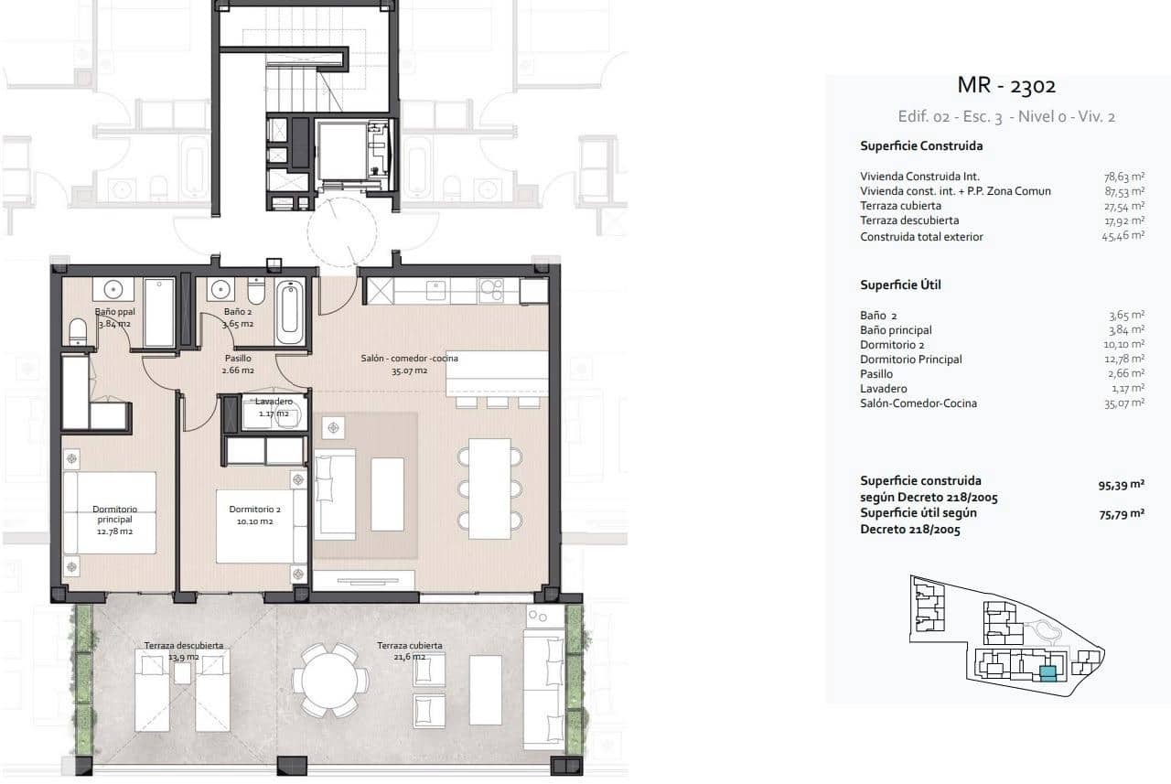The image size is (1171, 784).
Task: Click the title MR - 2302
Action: (1006, 86)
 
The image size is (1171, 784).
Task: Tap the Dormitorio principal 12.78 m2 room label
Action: (114, 520)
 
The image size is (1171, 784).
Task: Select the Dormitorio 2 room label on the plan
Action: (255, 515)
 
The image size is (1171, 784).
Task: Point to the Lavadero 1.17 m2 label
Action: (274, 407)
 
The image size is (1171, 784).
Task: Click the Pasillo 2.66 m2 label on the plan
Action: (237, 364)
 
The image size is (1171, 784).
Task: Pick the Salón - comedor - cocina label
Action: (409, 364)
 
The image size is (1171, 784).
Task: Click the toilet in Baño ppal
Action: (79, 330)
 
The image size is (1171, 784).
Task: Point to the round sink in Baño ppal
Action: (113, 290)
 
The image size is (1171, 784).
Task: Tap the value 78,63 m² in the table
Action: (1123, 177)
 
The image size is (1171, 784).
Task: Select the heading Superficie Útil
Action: (900, 285)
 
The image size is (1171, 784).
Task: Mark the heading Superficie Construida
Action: (921, 145)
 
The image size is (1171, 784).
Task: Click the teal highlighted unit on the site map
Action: (1047, 675)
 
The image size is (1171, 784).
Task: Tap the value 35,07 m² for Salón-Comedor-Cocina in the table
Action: (1123, 403)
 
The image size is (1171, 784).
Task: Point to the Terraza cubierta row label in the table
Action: (902, 206)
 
